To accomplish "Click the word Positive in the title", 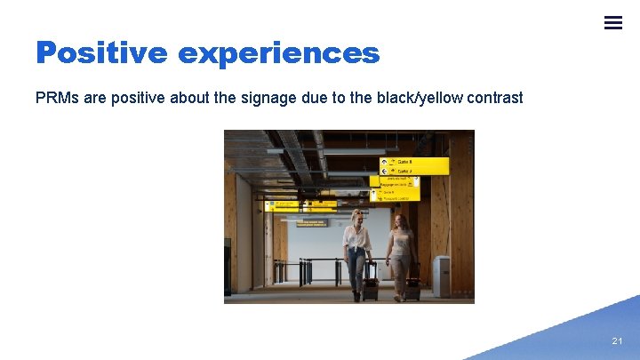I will pos(100,53).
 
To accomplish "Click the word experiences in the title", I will pos(278,53).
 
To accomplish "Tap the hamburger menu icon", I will pos(613,23).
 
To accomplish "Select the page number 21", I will pos(618,341).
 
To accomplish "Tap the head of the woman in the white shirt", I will pos(358,217).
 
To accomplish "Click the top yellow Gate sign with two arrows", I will pos(414,165).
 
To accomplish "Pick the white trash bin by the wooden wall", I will pos(441,276).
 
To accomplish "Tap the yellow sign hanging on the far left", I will pos(283,204).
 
